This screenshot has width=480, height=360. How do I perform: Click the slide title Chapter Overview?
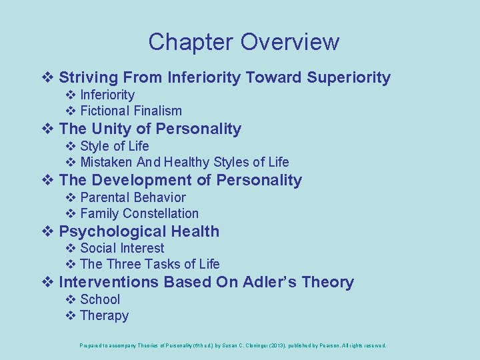point(243,42)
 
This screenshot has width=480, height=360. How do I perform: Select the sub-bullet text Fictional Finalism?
point(131,111)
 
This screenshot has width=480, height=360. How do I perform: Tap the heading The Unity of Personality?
point(150,129)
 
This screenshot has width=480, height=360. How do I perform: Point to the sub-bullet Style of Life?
point(114,146)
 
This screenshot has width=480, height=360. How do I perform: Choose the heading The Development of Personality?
point(180,180)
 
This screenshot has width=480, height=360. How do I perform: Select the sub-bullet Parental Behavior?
point(133,197)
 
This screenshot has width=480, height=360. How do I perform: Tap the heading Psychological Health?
point(139,231)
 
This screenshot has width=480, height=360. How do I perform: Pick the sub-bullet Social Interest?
point(122,248)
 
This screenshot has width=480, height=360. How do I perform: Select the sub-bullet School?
point(100,299)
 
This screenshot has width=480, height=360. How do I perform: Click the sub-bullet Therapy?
point(104,315)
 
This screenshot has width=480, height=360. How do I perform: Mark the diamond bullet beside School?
point(71,299)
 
